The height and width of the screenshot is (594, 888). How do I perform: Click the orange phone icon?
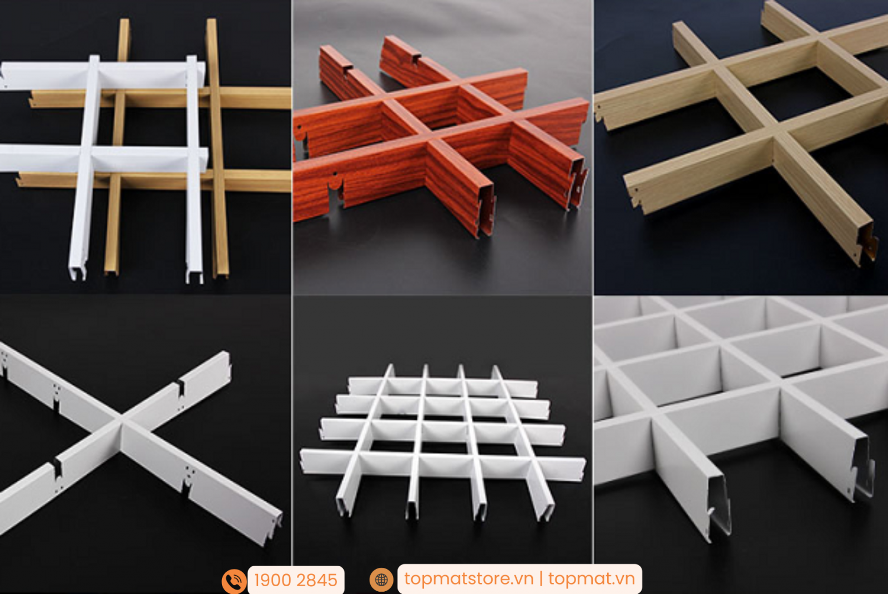coord(234,581)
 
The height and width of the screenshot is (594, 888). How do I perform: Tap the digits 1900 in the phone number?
coord(273,581)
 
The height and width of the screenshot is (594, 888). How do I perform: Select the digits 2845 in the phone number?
coord(317,581)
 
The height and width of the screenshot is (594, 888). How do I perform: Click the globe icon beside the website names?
coord(381,580)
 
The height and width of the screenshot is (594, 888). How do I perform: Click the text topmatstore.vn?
coord(468,579)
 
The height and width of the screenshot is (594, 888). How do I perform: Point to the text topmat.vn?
coord(592,579)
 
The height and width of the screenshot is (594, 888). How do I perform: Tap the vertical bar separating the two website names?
coord(541,580)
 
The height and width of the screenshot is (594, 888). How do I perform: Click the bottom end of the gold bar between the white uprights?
coord(111,271)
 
